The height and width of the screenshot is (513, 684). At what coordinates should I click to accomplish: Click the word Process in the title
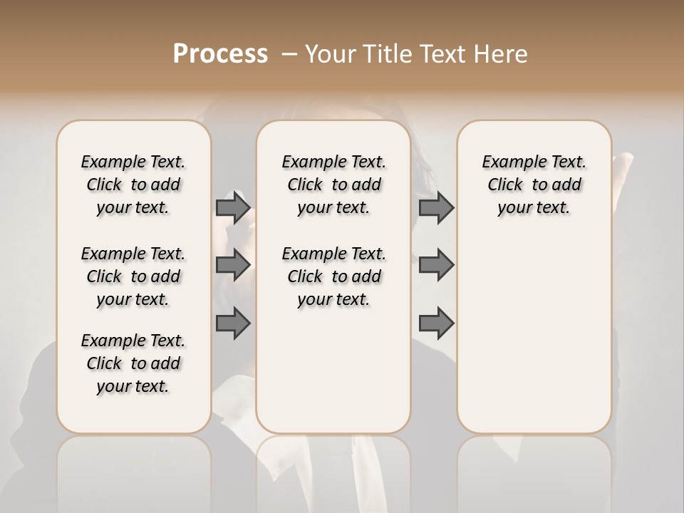coord(220,54)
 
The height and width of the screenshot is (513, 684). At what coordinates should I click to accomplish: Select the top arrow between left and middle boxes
coord(233,207)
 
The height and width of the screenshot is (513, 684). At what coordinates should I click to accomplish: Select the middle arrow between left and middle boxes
coord(233,264)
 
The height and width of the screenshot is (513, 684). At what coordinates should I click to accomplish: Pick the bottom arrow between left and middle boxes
coord(233,324)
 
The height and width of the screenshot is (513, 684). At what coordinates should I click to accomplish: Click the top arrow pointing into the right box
coord(436,207)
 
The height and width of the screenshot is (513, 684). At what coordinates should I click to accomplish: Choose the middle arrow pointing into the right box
coord(436,264)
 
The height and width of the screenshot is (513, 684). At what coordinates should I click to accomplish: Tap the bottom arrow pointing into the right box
coord(436,324)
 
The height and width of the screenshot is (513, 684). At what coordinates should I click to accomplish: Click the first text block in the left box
coord(133,185)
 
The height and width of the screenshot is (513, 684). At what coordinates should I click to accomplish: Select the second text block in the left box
coord(133,276)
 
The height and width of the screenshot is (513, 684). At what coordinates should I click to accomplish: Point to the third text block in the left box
coord(133,363)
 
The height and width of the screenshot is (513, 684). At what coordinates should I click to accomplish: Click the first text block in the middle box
coord(333,185)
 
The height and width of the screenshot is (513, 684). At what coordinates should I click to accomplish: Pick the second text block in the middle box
coord(333,276)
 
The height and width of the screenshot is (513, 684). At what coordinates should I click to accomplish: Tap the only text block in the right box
coord(534,185)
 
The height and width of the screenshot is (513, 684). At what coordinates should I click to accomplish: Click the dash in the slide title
coord(289,54)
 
